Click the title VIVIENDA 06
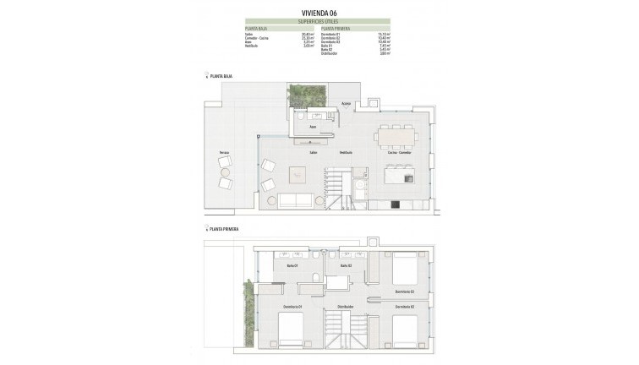coord(319,12)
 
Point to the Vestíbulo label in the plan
coord(345,152)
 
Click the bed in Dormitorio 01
coord(293,330)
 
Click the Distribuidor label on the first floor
coord(344,305)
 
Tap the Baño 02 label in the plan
coord(345,266)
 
